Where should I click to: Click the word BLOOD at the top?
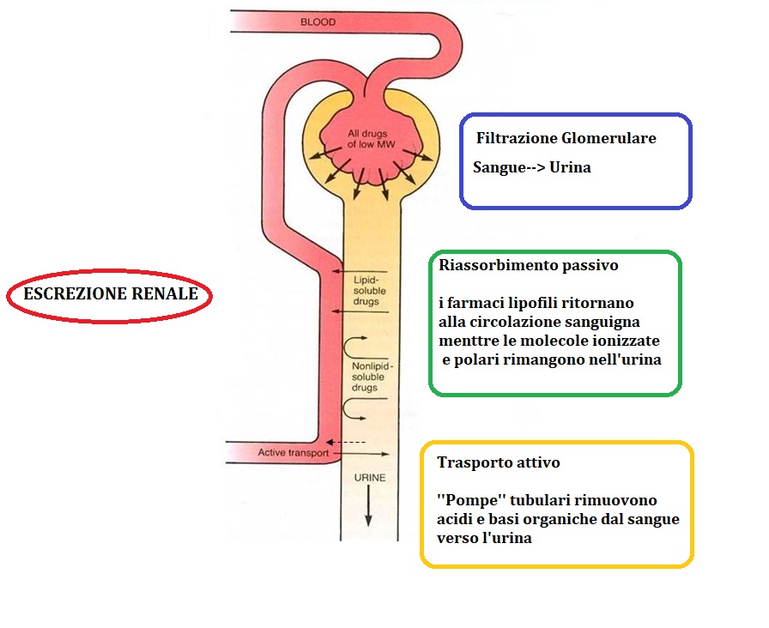[x=318, y=21]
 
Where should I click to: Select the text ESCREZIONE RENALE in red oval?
[x=111, y=294]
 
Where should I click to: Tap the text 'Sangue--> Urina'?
[x=532, y=167]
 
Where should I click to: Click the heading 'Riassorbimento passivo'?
[x=528, y=266]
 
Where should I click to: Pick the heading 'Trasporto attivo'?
[x=498, y=462]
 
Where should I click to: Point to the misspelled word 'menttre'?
[x=464, y=341]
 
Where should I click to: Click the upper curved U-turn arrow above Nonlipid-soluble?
[x=355, y=347]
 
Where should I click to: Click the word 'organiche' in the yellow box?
[x=548, y=519]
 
